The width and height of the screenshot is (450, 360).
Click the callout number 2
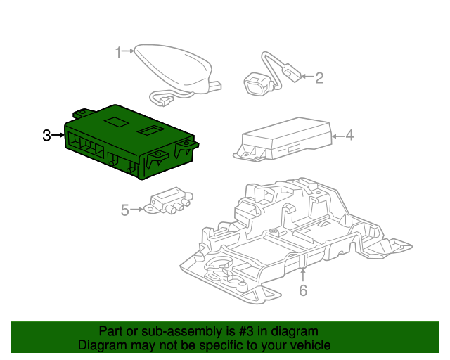tap(319, 77)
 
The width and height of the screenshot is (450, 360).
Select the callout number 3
tap(46, 135)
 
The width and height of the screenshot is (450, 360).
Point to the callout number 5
tap(125, 210)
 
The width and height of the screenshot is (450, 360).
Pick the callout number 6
tap(303, 290)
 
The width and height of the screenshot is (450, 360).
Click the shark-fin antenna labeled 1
tap(176, 67)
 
